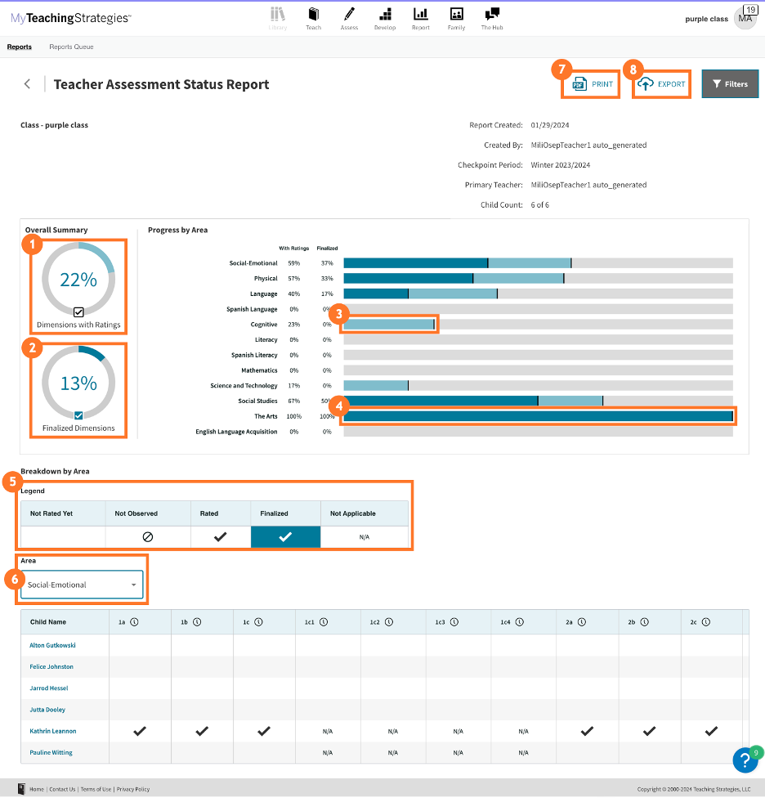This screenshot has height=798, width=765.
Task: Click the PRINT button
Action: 592,84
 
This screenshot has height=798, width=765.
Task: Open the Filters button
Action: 730,84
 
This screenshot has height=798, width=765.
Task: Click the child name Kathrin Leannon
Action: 53,731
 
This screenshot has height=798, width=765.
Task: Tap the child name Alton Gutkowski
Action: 54,645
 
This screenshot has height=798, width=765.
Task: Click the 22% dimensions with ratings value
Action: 78,280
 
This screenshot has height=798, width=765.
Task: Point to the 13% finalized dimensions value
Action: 78,383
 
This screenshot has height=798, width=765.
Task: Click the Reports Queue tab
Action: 71,47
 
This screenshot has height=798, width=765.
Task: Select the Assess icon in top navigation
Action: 349,17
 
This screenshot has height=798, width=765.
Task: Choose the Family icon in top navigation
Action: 456,17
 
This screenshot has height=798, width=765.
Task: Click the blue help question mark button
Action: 745,760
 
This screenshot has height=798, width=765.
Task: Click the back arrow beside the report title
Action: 28,84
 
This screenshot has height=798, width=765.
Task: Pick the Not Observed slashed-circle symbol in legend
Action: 148,537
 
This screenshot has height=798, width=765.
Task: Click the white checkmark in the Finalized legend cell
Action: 285,537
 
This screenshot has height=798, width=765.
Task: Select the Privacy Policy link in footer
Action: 132,789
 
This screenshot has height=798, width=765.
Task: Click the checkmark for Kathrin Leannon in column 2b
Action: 649,731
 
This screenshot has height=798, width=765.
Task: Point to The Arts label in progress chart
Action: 266,416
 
